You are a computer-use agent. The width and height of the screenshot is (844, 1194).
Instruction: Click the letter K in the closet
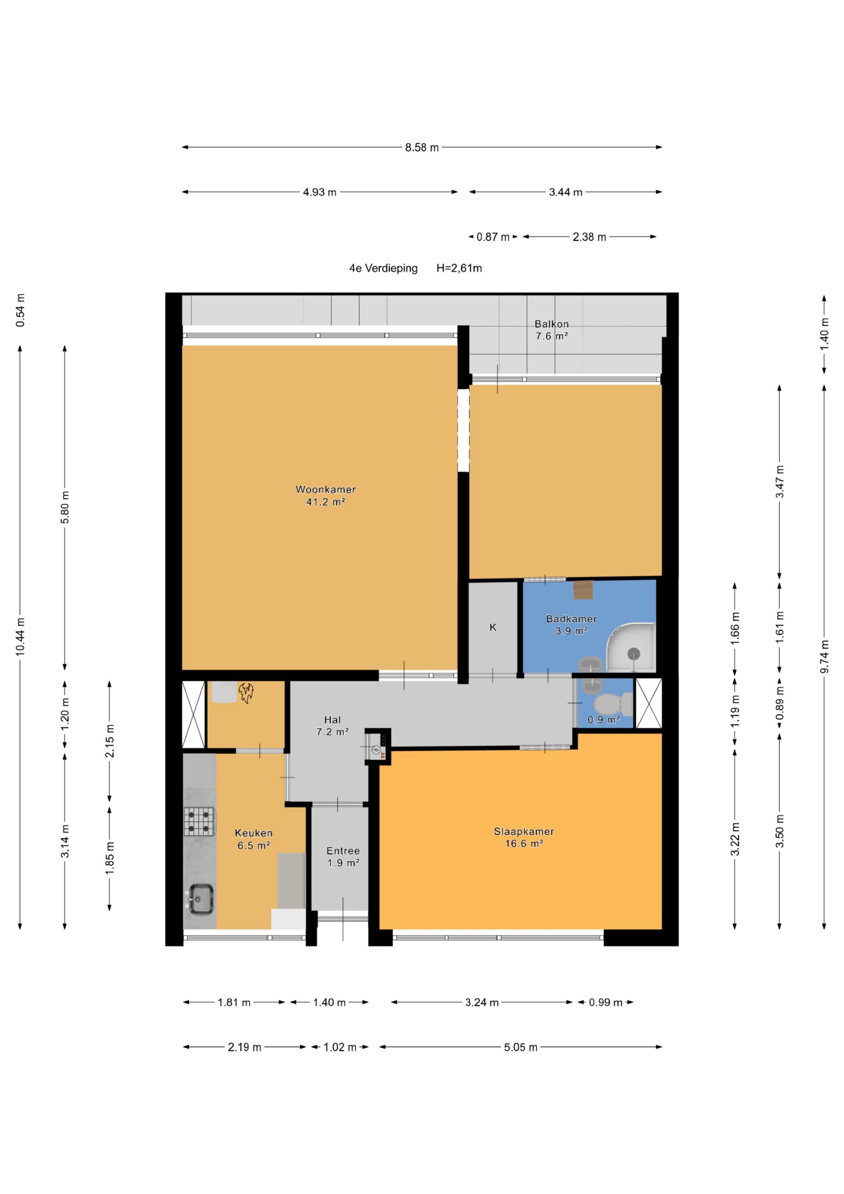[493, 627]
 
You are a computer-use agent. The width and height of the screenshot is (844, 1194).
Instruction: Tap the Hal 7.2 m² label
[332, 725]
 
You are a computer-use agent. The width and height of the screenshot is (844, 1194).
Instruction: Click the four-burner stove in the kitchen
[199, 821]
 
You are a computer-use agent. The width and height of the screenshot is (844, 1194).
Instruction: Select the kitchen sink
[200, 900]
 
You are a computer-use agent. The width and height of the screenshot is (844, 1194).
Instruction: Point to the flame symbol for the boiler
[246, 693]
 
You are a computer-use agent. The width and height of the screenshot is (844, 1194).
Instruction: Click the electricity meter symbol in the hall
[376, 749]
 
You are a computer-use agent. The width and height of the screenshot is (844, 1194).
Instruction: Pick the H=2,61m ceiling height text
[459, 269]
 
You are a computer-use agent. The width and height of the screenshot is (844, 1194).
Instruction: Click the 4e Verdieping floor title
[383, 269]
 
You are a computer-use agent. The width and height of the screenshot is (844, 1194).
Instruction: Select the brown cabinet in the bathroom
[583, 590]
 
